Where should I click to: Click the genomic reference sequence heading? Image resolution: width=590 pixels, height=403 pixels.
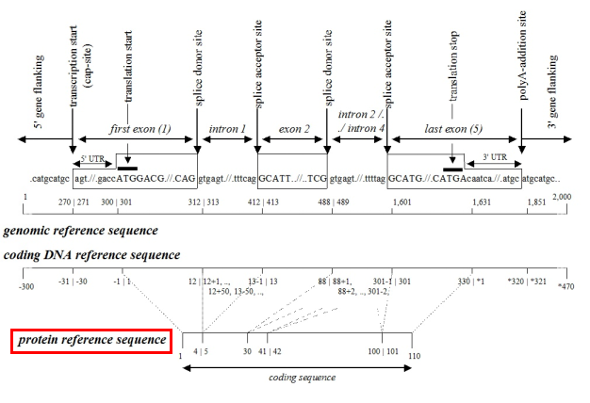tap(81, 231)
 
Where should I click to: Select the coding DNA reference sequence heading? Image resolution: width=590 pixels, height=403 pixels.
tap(92, 255)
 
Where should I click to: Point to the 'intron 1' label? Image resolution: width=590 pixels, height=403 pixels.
tap(227, 127)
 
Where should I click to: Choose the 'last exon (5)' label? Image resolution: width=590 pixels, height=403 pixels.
tap(454, 127)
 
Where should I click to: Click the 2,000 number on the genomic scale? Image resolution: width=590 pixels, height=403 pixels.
tap(563, 196)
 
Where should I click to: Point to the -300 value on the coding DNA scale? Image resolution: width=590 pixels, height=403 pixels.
tap(26, 285)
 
